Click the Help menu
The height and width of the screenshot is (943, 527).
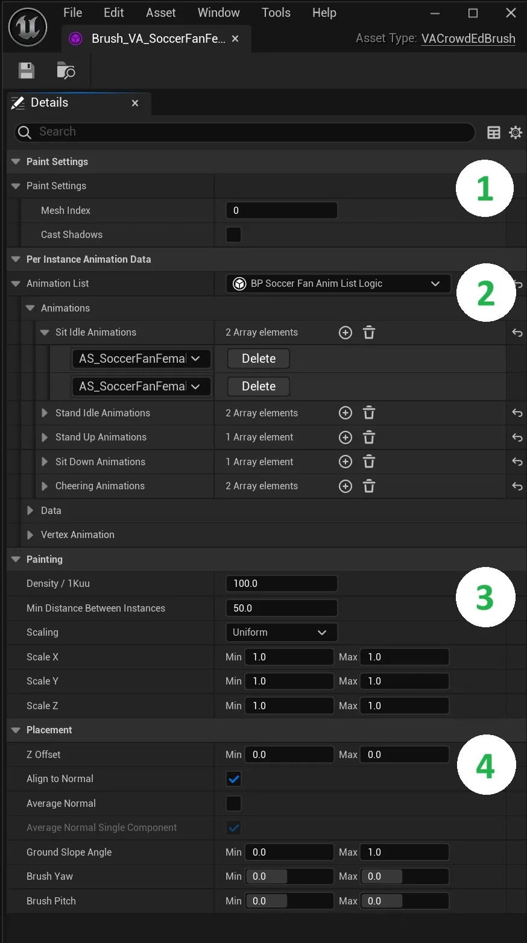click(324, 13)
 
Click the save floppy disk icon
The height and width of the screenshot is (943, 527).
click(27, 70)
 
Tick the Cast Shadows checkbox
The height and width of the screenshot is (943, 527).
click(233, 234)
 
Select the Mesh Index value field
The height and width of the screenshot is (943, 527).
click(281, 210)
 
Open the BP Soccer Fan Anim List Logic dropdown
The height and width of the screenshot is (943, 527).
click(338, 284)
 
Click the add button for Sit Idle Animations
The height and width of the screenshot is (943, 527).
click(346, 333)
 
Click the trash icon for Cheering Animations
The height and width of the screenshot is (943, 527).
click(369, 486)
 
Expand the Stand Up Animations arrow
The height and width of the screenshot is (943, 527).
click(45, 437)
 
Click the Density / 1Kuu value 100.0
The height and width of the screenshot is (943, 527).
click(281, 583)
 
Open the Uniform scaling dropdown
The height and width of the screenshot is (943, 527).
click(281, 632)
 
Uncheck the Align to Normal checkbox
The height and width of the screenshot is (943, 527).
click(233, 779)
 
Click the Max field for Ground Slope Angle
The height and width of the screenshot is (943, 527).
click(405, 852)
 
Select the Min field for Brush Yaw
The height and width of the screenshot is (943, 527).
click(289, 876)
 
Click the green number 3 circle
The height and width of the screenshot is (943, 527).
click(485, 597)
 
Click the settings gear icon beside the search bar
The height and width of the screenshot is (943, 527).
click(516, 133)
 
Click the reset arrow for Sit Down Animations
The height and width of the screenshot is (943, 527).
click(517, 462)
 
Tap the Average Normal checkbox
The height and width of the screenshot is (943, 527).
click(233, 803)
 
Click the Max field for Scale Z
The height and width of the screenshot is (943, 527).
click(405, 706)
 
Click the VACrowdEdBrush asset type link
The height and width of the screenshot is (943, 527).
click(468, 39)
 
